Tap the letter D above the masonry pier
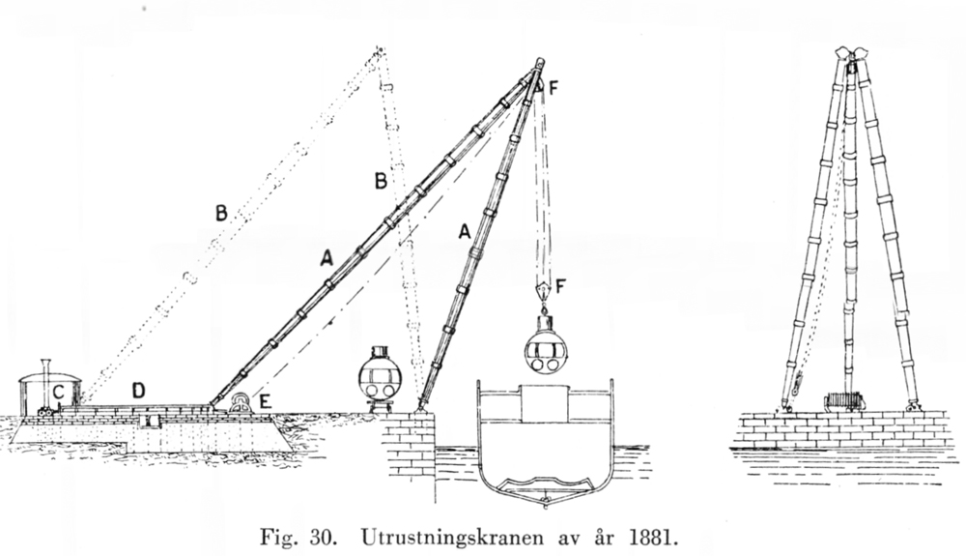click(138, 390)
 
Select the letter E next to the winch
click(265, 402)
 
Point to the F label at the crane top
click(553, 88)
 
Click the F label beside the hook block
click(560, 286)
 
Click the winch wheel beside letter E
click(240, 404)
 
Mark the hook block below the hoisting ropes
click(543, 290)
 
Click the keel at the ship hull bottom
click(545, 503)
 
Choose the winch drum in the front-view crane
click(844, 401)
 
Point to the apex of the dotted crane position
click(380, 49)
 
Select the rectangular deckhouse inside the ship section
click(545, 404)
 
